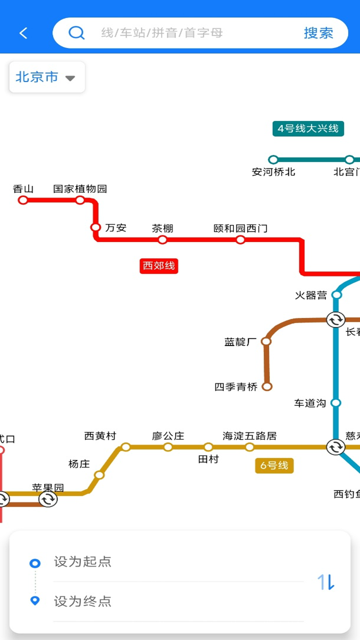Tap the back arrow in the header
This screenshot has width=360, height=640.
click(x=23, y=33)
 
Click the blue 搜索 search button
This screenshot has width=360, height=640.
click(x=318, y=33)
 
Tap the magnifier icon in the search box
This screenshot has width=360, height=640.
click(x=76, y=33)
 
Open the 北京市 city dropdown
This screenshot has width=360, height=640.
click(x=47, y=77)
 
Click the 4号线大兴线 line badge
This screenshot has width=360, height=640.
click(x=308, y=129)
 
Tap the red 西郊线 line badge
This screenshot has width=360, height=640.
click(x=159, y=266)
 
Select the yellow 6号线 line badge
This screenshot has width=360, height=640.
click(x=274, y=466)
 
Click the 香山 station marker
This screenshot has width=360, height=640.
click(x=23, y=200)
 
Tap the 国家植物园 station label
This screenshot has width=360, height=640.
click(x=80, y=189)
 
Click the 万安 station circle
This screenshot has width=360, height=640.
click(x=96, y=227)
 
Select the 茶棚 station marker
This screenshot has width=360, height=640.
click(x=162, y=240)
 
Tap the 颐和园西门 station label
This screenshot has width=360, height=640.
click(x=240, y=228)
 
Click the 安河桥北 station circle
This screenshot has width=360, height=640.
click(x=273, y=159)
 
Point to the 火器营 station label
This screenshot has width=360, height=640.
click(x=311, y=295)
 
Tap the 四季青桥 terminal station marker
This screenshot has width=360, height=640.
click(x=267, y=387)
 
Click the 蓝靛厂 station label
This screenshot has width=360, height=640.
click(x=240, y=342)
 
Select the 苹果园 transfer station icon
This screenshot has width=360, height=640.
click(x=48, y=499)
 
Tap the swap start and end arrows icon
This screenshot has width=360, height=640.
click(x=326, y=582)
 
